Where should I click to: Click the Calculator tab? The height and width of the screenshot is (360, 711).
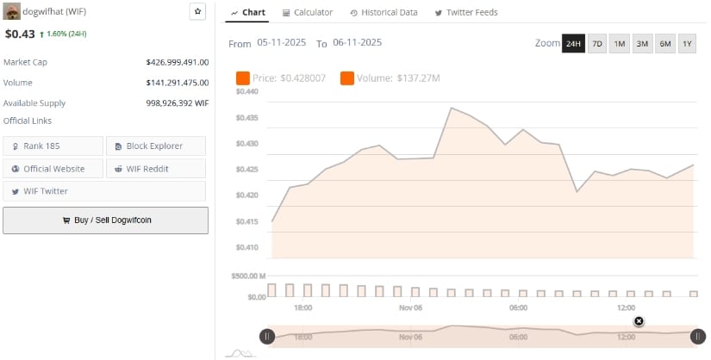pyautogui.click(x=307, y=13)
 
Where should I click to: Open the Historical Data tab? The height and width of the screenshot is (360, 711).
pyautogui.click(x=384, y=13)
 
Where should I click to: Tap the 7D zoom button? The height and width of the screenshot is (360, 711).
pyautogui.click(x=596, y=44)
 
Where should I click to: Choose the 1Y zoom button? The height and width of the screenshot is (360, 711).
pyautogui.click(x=687, y=44)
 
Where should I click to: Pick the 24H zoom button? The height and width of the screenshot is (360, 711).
pyautogui.click(x=573, y=44)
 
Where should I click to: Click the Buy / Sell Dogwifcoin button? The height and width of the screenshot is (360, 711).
pyautogui.click(x=105, y=220)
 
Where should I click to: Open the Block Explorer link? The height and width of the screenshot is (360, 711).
pyautogui.click(x=156, y=146)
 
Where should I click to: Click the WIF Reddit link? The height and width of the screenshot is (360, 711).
pyautogui.click(x=156, y=169)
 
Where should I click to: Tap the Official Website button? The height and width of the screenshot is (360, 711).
pyautogui.click(x=53, y=169)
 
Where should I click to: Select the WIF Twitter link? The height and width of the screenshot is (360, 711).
pyautogui.click(x=53, y=191)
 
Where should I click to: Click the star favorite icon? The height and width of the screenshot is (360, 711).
pyautogui.click(x=197, y=12)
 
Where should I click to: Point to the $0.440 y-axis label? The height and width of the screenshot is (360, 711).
pyautogui.click(x=246, y=91)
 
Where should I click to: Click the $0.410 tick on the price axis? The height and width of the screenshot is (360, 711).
pyautogui.click(x=246, y=248)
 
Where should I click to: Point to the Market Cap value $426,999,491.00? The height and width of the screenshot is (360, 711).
pyautogui.click(x=178, y=62)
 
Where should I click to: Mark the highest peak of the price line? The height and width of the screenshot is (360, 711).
pyautogui.click(x=451, y=108)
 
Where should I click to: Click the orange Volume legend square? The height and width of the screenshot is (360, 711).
pyautogui.click(x=347, y=78)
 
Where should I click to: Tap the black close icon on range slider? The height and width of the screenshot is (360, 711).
pyautogui.click(x=639, y=321)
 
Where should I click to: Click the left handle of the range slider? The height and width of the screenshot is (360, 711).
pyautogui.click(x=267, y=337)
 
